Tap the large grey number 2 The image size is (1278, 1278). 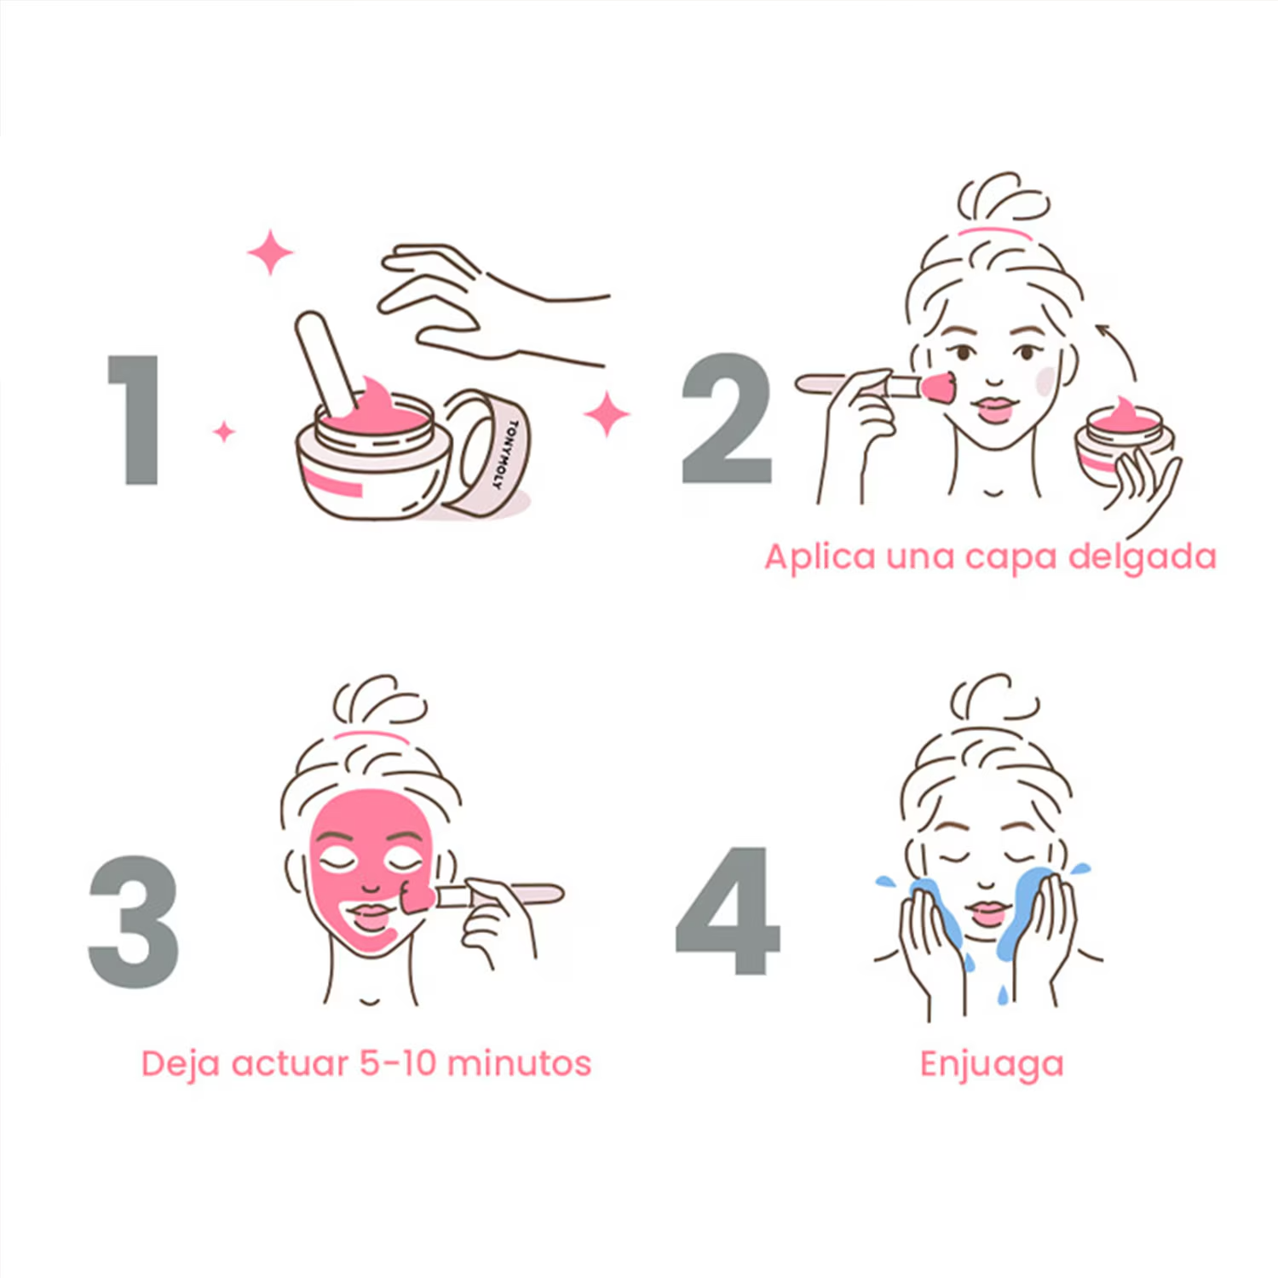click(x=727, y=419)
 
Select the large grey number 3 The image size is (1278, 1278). click(x=134, y=922)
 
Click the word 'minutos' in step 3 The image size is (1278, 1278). click(x=519, y=1063)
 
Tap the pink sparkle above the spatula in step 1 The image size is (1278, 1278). click(x=270, y=252)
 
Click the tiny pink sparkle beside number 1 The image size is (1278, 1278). click(x=224, y=432)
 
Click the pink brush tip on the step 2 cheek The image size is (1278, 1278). click(x=938, y=388)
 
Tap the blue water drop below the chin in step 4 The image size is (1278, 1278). click(x=1003, y=993)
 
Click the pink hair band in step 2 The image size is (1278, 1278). click(x=993, y=231)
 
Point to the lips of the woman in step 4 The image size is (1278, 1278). click(x=988, y=912)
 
